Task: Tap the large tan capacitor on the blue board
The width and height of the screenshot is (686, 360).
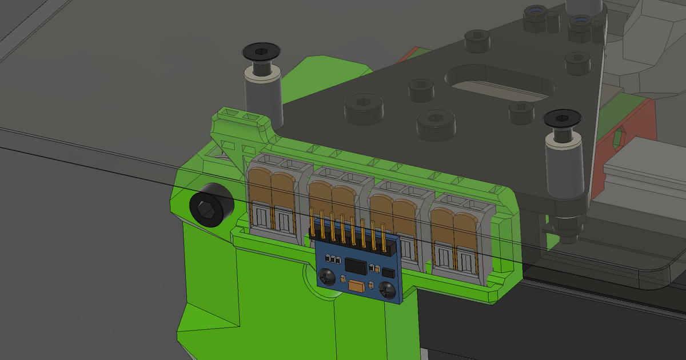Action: pos(357,286)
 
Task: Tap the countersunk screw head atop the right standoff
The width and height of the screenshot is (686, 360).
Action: pos(563,119)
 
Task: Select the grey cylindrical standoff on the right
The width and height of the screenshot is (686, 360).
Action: pos(565,169)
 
